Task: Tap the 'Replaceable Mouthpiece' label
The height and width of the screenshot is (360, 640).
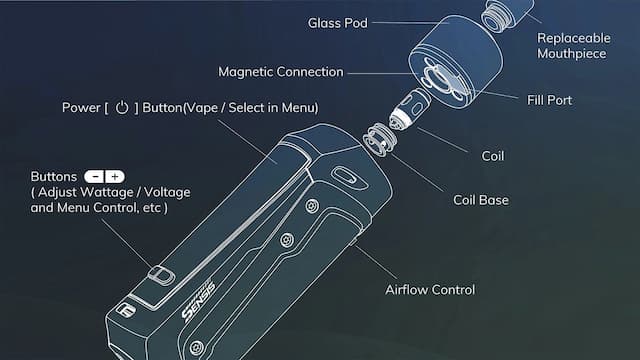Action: point(572,45)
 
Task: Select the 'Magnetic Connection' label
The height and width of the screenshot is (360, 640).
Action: point(281,72)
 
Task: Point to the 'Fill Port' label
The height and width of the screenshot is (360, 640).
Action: point(550,100)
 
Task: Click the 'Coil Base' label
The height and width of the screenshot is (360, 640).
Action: point(481,200)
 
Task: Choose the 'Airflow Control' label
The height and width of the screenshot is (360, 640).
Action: point(430,290)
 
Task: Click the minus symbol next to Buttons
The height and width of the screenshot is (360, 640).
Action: point(96,176)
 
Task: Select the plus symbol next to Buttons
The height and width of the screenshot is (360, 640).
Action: point(115,176)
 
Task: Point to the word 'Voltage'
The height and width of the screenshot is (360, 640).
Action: point(163,192)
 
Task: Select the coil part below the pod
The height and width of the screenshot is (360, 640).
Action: point(406,107)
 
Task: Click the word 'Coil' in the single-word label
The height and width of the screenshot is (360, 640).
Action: point(493,157)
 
